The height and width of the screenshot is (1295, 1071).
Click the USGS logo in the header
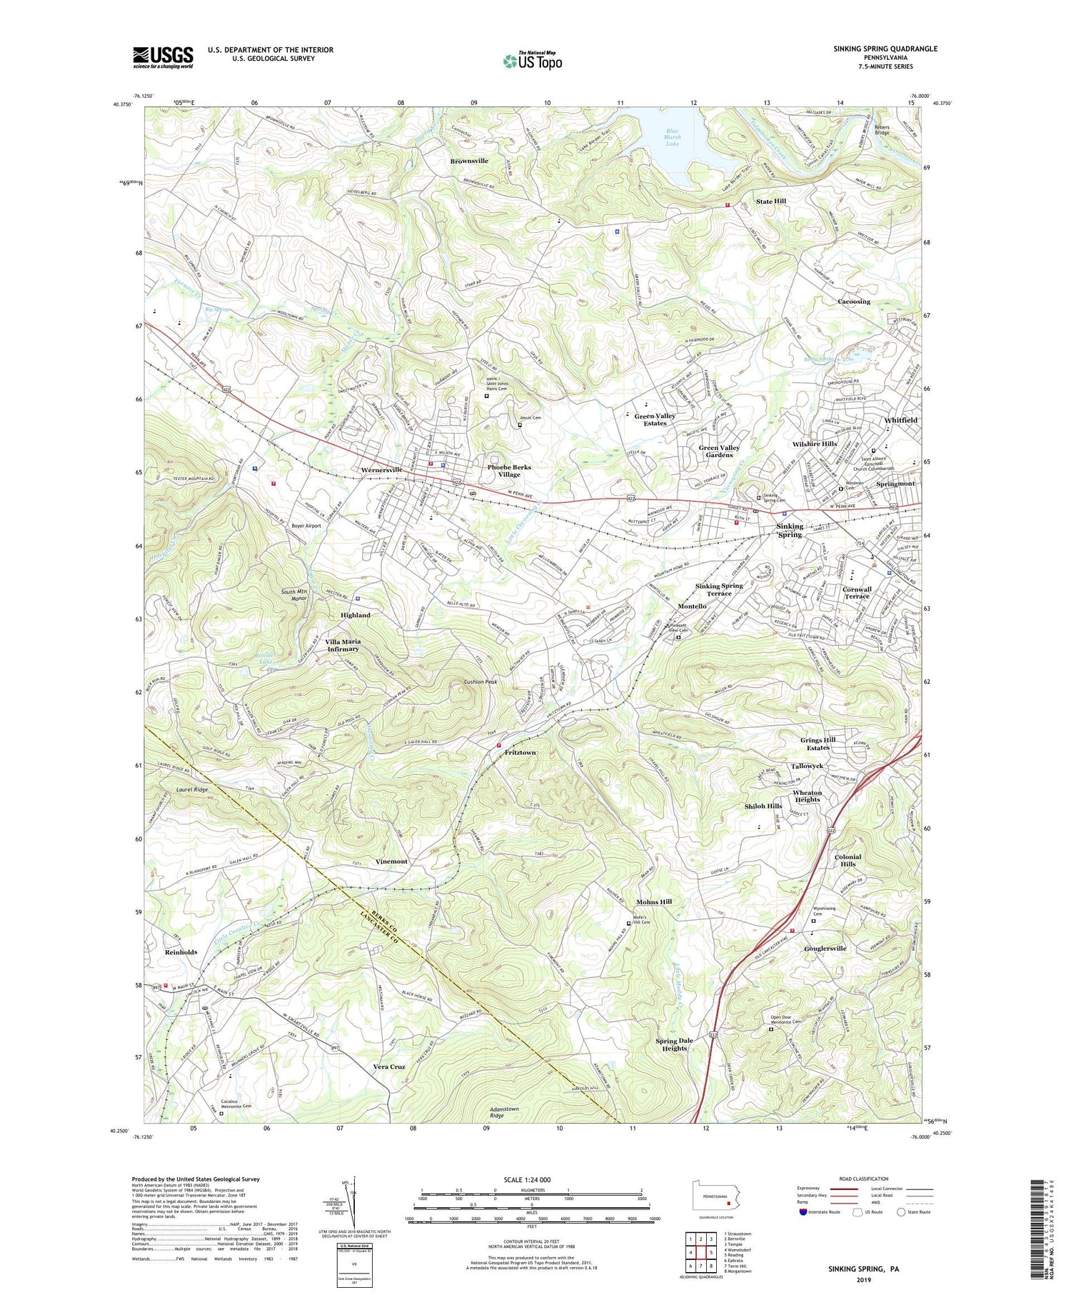[x=163, y=57]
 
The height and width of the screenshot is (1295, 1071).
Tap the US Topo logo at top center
[x=533, y=61]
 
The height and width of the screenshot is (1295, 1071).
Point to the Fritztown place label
[x=520, y=753]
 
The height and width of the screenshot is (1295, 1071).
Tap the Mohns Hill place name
[x=654, y=902]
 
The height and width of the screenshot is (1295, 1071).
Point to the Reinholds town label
[x=181, y=952]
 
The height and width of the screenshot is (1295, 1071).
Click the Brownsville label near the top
[x=469, y=161]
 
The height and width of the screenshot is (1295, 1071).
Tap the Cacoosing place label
[x=854, y=301]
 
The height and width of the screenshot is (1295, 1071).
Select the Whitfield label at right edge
[x=900, y=420]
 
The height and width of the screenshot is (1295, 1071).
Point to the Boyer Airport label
[x=306, y=525]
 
